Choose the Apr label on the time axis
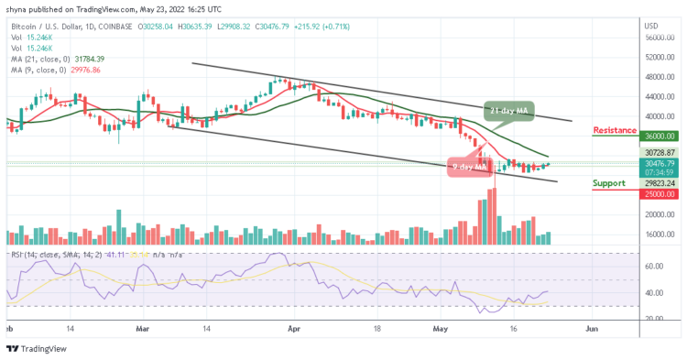coord(293,326)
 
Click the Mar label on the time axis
coord(142,326)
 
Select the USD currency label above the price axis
coord(652,25)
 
